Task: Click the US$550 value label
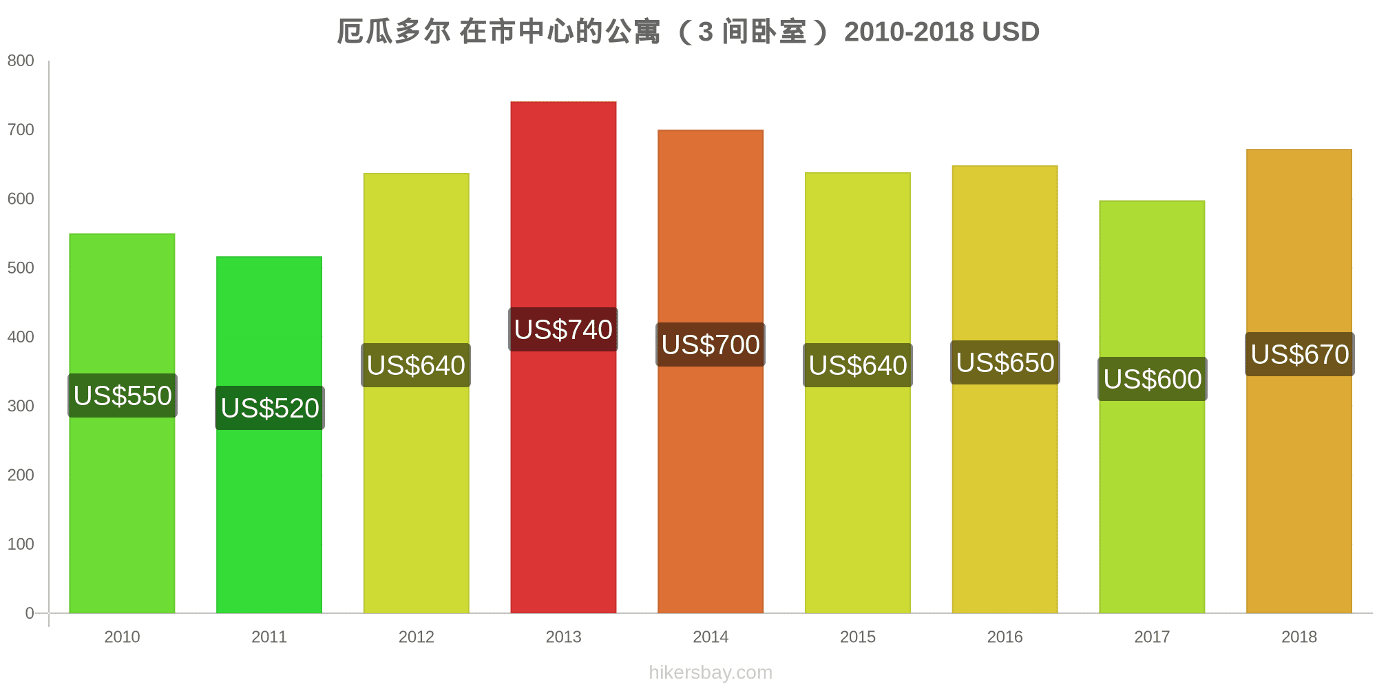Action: click(x=123, y=395)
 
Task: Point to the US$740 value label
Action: click(x=563, y=329)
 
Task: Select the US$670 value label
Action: click(x=1300, y=354)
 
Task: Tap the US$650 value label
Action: click(x=1005, y=362)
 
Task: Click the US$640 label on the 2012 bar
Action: click(x=416, y=365)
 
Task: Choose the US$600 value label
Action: click(x=1152, y=379)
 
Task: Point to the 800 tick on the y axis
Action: click(x=21, y=61)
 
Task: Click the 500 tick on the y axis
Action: click(x=21, y=268)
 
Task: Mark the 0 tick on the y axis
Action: click(x=30, y=613)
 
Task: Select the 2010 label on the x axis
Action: click(x=122, y=637)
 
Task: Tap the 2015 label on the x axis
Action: click(x=858, y=637)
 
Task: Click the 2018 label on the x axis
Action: click(x=1299, y=637)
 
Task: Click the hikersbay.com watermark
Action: click(x=711, y=672)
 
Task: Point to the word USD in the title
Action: click(x=1011, y=32)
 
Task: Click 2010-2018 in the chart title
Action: click(x=909, y=32)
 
